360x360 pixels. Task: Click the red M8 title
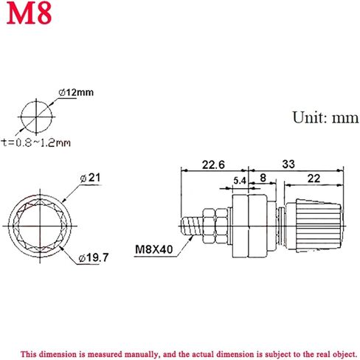tap(29, 13)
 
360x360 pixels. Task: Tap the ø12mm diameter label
tap(76, 93)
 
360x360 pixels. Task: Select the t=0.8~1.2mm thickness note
tap(36, 142)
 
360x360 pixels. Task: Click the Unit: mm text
tap(325, 117)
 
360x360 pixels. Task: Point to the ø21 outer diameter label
tap(91, 178)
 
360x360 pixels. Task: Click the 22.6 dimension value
tap(213, 165)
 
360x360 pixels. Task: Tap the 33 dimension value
tap(288, 165)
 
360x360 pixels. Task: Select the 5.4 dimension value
tap(240, 181)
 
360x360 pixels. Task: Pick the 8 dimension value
tap(263, 178)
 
